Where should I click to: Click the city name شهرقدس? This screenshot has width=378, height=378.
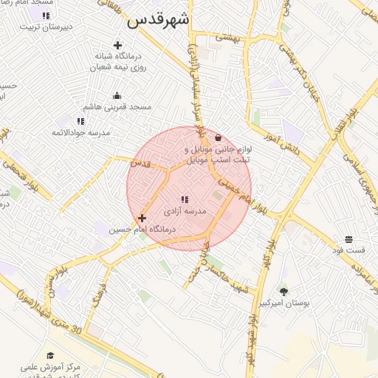pyautogui.click(x=158, y=20)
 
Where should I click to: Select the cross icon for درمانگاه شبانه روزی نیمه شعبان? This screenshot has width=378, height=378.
pyautogui.click(x=117, y=45)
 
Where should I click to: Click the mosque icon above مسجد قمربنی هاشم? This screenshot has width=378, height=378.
pyautogui.click(x=117, y=95)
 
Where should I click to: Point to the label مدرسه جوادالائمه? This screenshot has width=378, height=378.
pyautogui.click(x=80, y=132)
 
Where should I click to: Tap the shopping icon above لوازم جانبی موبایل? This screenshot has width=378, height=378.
pyautogui.click(x=218, y=137)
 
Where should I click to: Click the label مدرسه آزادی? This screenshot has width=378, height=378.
pyautogui.click(x=185, y=211)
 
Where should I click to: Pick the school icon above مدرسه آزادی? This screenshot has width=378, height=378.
pyautogui.click(x=185, y=199)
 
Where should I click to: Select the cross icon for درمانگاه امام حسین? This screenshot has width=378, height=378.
pyautogui.click(x=142, y=218)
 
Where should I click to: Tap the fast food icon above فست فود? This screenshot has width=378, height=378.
pyautogui.click(x=348, y=238)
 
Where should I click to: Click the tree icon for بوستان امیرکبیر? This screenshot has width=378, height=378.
pyautogui.click(x=283, y=292)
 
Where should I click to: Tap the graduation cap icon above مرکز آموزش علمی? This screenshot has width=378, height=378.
pyautogui.click(x=50, y=356)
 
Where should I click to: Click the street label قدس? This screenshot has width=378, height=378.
pyautogui.click(x=140, y=163)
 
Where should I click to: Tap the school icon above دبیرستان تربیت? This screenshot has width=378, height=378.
pyautogui.click(x=47, y=15)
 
